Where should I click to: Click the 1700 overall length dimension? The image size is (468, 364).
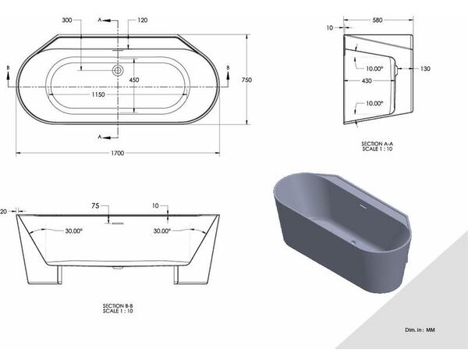(117, 153)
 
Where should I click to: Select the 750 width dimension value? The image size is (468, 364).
(246, 80)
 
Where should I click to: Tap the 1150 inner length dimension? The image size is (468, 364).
(98, 95)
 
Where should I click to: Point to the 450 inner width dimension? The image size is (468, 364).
(134, 80)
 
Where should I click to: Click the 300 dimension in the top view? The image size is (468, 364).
(67, 20)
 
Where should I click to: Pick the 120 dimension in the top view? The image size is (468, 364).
(143, 20)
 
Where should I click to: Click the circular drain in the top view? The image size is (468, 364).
(118, 70)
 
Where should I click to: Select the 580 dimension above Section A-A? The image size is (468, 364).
(378, 20)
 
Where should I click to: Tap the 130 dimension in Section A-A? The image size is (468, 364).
(425, 69)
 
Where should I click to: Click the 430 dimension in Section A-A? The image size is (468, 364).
(367, 80)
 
